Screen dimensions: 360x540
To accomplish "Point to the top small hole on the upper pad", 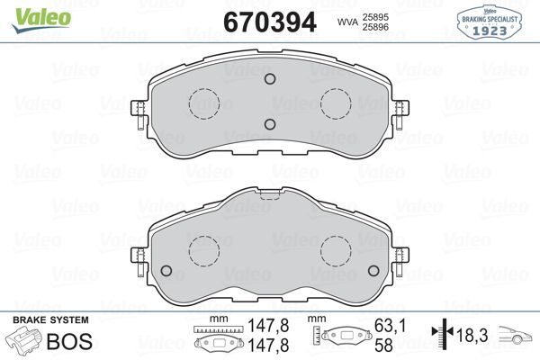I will pyautogui.click(x=269, y=78).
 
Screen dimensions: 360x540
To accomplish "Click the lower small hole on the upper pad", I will pyautogui.click(x=269, y=125).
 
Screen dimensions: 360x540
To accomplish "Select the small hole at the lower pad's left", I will pyautogui.click(x=166, y=271).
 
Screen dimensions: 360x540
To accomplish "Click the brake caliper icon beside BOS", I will pyautogui.click(x=22, y=341).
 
